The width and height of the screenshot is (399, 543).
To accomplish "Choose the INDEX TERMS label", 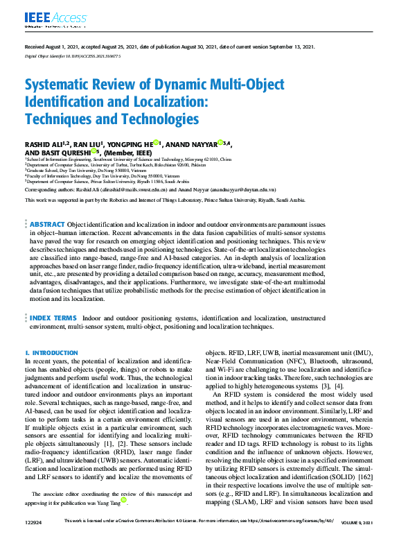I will (x=53, y=317).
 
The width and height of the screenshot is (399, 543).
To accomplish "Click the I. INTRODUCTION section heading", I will (x=52, y=353).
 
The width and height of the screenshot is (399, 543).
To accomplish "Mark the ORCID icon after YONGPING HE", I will (x=157, y=144).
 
